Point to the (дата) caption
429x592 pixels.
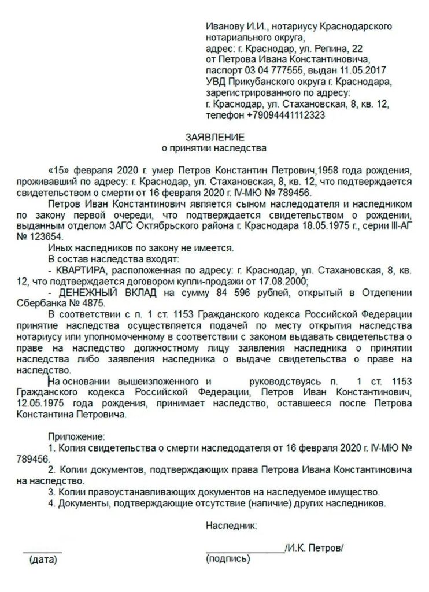(x=43, y=559)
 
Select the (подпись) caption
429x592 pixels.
(x=228, y=559)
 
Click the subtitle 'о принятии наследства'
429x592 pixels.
(x=214, y=149)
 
